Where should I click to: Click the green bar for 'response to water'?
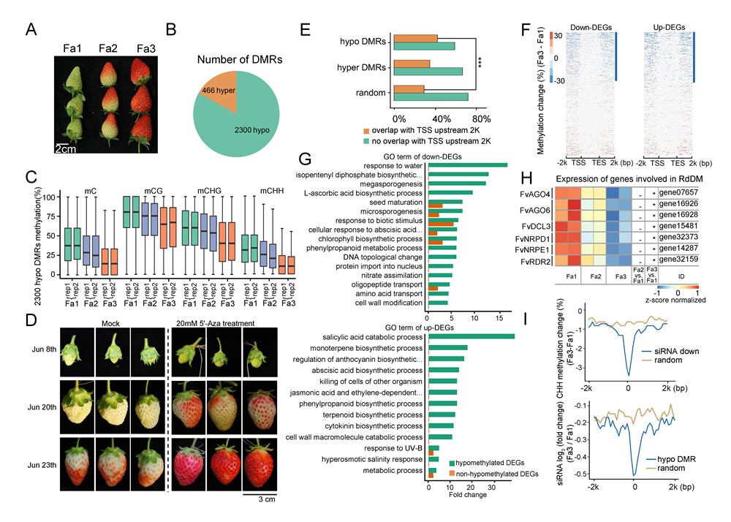tap(468, 164)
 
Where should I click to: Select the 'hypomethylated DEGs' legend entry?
tap(497, 463)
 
